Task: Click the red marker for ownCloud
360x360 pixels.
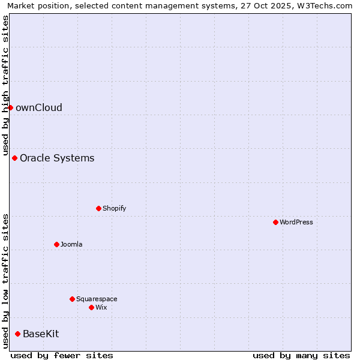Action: point(10,107)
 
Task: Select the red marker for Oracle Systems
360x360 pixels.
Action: point(14,158)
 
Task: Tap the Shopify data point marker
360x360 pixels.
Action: point(98,208)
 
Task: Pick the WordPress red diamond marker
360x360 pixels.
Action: point(275,222)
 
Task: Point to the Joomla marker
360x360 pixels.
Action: point(56,244)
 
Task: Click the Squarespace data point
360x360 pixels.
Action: point(72,299)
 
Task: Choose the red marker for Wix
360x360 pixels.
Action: point(91,307)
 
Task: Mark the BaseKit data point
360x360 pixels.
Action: point(17,334)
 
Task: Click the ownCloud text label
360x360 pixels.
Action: point(39,108)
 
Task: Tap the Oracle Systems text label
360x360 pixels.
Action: point(57,158)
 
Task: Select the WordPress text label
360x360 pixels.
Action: point(296,223)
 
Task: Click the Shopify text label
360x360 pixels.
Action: point(115,209)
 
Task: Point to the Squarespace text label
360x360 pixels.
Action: point(97,299)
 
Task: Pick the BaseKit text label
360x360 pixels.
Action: point(41,334)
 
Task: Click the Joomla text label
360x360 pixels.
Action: point(71,245)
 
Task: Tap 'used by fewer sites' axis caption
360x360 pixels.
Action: point(62,355)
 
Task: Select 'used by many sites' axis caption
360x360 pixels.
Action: point(301,355)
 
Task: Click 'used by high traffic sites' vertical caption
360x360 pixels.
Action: point(6,85)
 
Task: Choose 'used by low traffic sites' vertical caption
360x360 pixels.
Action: point(6,281)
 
